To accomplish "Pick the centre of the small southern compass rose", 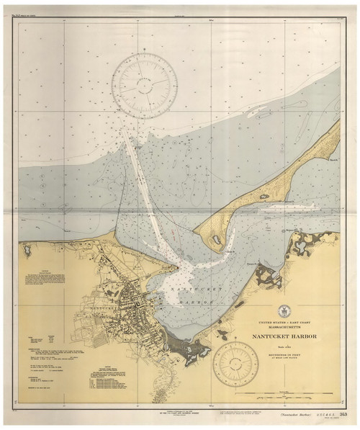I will pyautogui.click(x=236, y=364).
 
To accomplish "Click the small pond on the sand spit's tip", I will pyautogui.click(x=214, y=238).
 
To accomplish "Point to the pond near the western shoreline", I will pyautogui.click(x=27, y=250).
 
